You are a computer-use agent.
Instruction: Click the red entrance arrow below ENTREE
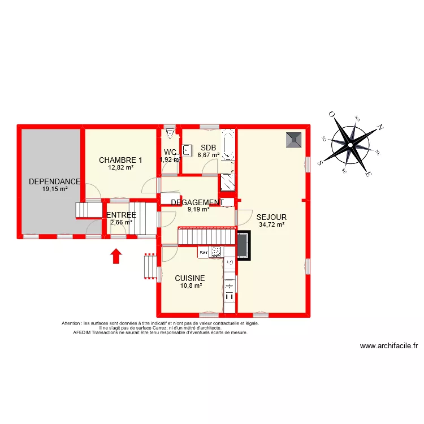click(116, 257)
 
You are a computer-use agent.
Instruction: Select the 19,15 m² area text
click(54, 189)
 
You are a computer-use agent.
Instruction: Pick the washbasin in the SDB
click(186, 149)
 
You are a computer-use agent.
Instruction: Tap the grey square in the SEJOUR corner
click(294, 139)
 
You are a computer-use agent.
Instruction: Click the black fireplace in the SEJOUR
click(244, 246)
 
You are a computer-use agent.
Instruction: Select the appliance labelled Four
click(203, 253)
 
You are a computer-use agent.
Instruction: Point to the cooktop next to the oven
click(215, 253)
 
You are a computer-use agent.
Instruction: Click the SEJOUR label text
click(271, 217)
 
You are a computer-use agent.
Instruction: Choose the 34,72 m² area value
click(271, 224)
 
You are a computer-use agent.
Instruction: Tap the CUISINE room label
click(189, 278)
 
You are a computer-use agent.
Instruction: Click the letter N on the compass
click(381, 128)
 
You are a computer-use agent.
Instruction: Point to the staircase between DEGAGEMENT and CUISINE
click(206, 236)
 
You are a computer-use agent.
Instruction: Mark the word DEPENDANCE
click(54, 181)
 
